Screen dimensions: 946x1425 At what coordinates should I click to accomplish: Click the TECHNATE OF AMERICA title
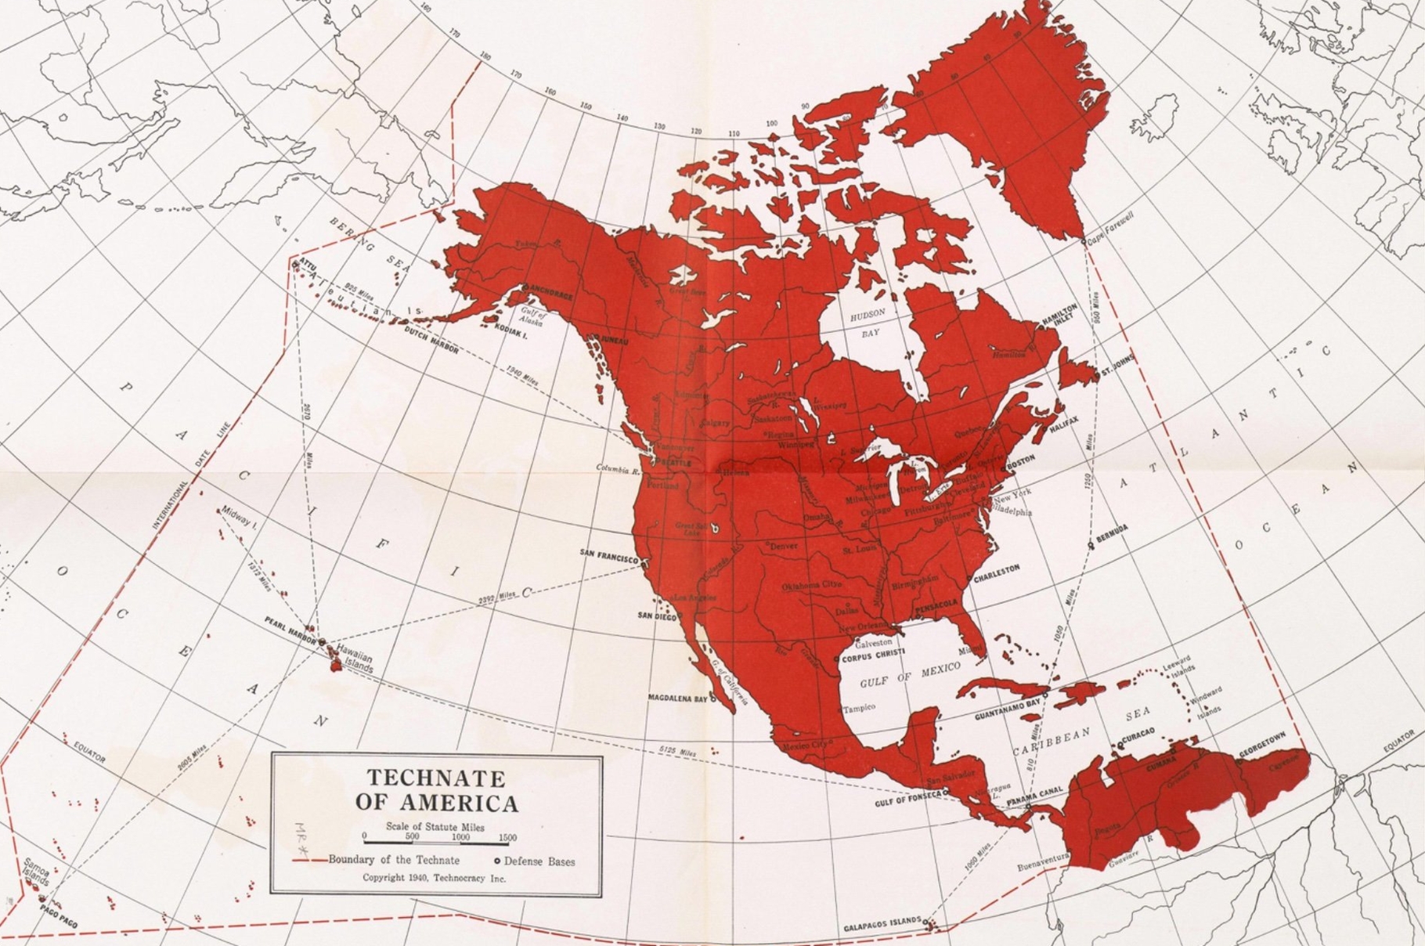436,791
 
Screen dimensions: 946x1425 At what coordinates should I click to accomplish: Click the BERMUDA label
1112,531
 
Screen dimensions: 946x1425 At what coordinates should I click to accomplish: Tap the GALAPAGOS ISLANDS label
882,925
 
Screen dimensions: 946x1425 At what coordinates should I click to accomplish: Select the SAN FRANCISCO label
609,554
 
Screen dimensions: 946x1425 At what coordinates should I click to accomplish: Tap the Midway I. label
239,515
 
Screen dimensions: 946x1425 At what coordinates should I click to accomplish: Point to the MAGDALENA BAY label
678,697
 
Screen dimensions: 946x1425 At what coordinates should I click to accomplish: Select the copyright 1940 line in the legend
434,878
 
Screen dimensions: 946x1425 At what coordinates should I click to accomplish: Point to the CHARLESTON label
997,573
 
